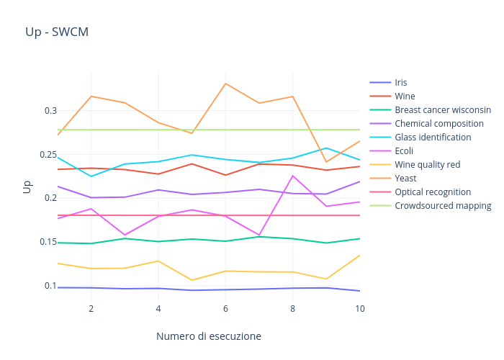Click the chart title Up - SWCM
[57, 32]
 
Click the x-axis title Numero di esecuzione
[208, 336]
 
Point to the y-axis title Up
[27, 186]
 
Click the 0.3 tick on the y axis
[50, 111]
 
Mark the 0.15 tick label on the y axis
[48, 242]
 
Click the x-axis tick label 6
[225, 309]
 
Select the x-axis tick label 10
[360, 309]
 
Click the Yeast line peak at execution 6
[225, 84]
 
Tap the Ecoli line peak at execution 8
[293, 176]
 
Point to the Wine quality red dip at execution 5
[192, 280]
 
